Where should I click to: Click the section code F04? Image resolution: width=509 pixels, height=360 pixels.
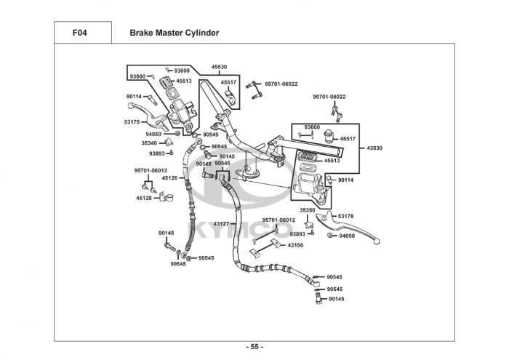tap(80, 33)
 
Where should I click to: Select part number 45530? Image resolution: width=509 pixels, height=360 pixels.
tap(220, 66)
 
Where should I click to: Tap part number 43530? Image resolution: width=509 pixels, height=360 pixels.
tap(374, 148)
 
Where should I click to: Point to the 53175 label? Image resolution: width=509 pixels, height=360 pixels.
tap(132, 122)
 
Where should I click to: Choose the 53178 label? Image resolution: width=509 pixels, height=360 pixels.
tap(345, 216)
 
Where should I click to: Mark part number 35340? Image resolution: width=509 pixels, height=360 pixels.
tap(149, 143)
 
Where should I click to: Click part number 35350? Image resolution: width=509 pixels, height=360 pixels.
tap(307, 210)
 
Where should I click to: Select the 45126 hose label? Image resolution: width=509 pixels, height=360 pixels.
tap(169, 177)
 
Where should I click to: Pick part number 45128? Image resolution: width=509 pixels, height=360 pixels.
tap(144, 198)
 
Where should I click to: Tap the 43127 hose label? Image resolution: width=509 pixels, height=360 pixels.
tap(221, 223)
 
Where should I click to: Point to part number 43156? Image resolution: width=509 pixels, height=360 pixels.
tap(295, 245)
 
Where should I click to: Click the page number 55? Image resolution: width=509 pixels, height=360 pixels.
tap(254, 346)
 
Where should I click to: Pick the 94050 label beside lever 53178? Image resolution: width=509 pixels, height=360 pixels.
tap(347, 236)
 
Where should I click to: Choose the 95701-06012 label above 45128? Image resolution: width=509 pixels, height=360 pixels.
tap(151, 170)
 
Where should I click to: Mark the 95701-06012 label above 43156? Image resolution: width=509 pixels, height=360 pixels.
tap(279, 220)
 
